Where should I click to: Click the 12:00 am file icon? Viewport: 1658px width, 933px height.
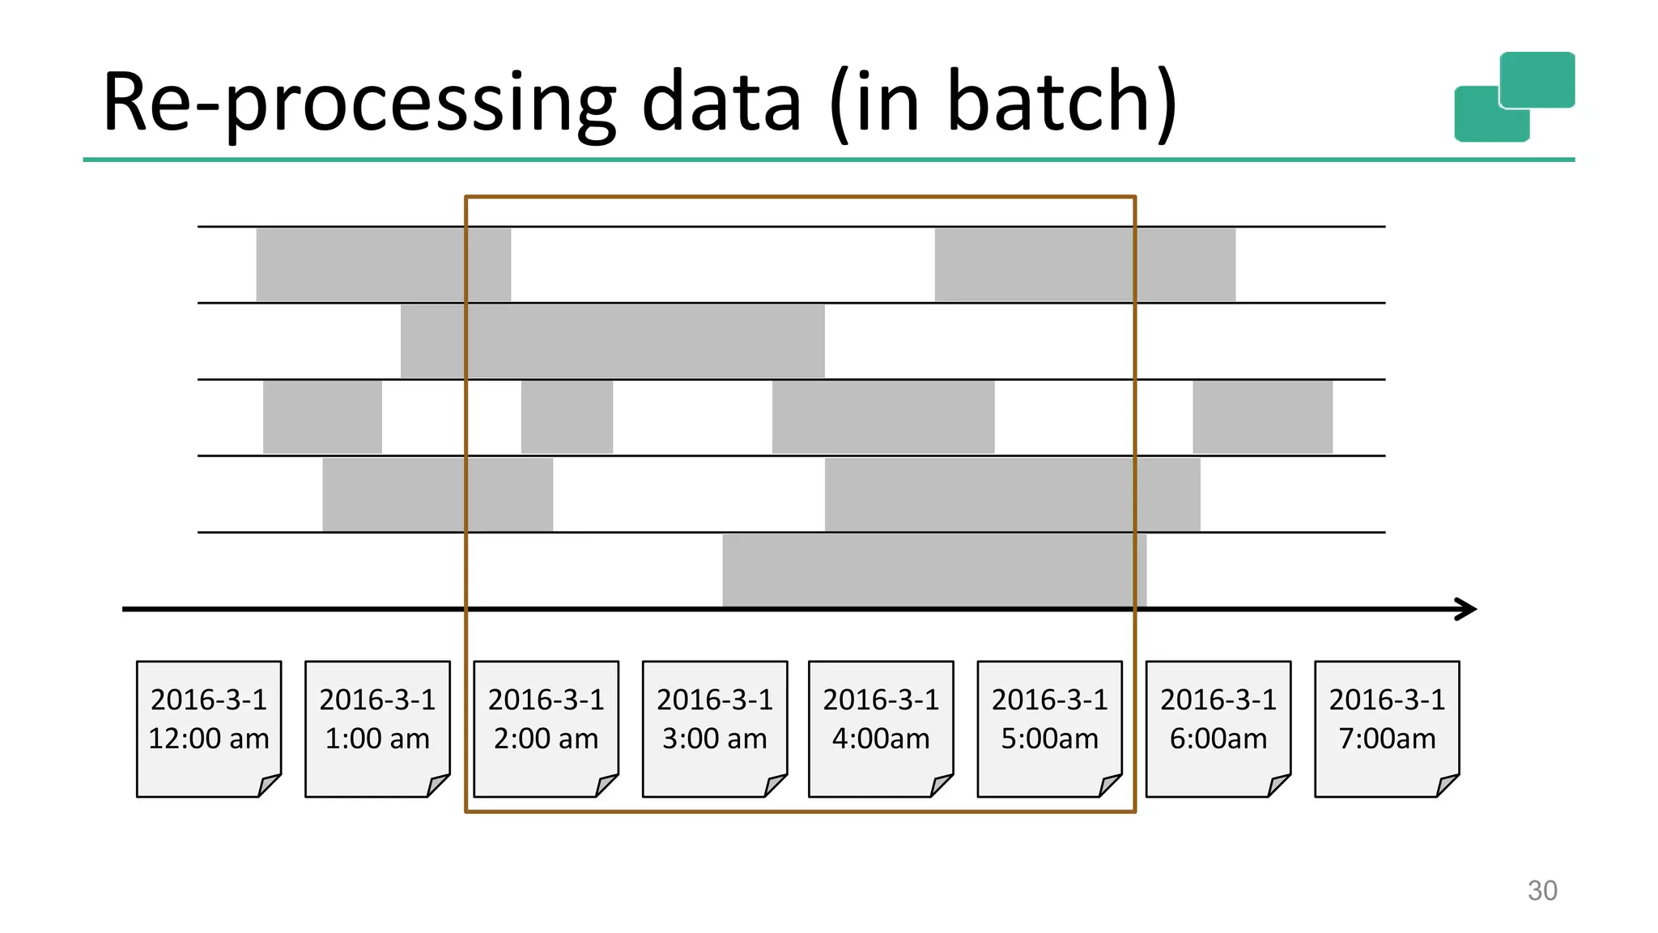tap(209, 728)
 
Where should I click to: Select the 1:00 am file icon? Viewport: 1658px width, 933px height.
tap(377, 728)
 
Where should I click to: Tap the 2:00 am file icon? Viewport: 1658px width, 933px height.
tap(546, 728)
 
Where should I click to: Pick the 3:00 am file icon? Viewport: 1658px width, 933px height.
tap(714, 728)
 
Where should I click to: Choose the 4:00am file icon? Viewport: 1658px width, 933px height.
tap(881, 728)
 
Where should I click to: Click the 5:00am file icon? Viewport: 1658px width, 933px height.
tap(1049, 728)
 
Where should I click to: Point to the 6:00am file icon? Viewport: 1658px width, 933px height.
tap(1218, 728)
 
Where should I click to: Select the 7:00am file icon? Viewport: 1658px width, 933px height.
tap(1386, 728)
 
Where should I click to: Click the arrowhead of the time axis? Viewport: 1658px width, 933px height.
tap(1467, 609)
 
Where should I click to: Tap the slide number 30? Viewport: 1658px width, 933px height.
tap(1541, 891)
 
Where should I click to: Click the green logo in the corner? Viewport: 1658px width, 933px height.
tap(1514, 96)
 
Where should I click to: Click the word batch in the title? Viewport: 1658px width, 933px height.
tap(1048, 101)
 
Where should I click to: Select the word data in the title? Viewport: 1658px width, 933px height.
tap(721, 101)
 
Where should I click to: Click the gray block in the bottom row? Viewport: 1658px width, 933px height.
tap(934, 570)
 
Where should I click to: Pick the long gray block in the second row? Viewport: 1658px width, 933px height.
tap(612, 341)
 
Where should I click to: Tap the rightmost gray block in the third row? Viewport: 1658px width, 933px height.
tap(1262, 417)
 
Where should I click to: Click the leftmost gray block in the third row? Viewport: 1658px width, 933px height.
tap(322, 417)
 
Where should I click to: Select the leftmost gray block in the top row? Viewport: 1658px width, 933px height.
tap(383, 265)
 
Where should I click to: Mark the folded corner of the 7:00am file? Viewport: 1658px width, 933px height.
tap(1448, 785)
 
